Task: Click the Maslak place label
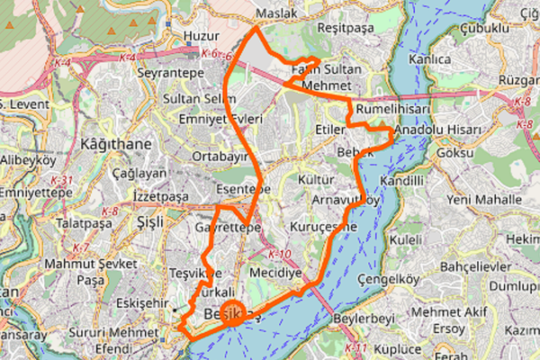coord(275,15)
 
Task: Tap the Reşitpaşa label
coord(346,29)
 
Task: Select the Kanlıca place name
coord(428,59)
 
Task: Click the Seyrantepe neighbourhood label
coord(170,71)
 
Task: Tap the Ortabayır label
coord(220,156)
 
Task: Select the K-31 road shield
coord(62,180)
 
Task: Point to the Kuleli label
coord(405,241)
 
